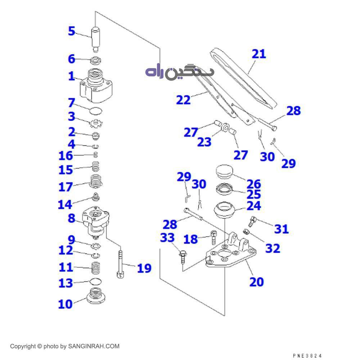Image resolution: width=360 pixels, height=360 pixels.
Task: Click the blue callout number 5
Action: pyautogui.click(x=72, y=31)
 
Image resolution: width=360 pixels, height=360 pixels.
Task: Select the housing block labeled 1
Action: pyautogui.click(x=95, y=86)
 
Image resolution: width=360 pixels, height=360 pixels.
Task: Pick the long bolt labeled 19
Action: pyautogui.click(x=120, y=264)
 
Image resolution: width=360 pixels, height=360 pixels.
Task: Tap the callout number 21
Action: pyautogui.click(x=258, y=54)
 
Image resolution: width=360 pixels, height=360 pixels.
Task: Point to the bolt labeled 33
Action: pyautogui.click(x=183, y=256)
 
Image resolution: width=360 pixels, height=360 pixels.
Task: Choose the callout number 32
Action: pyautogui.click(x=273, y=248)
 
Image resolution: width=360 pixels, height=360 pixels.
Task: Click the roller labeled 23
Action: pyautogui.click(x=225, y=128)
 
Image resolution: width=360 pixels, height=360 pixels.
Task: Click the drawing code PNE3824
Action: pyautogui.click(x=307, y=356)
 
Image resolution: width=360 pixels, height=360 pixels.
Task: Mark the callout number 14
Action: pyautogui.click(x=65, y=204)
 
